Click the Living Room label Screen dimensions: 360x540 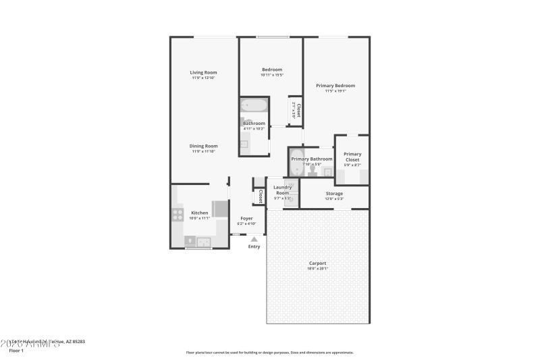point(203,72)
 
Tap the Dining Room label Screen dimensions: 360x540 point(203,146)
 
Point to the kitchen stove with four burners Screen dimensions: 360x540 point(178,215)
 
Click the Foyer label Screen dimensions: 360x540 point(246,218)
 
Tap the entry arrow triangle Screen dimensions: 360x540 point(254,238)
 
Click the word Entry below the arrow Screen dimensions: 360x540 point(254,247)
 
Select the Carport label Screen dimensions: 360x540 point(317,263)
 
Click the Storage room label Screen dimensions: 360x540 point(334,193)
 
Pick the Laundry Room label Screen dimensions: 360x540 point(282,190)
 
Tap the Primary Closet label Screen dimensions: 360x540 point(352,157)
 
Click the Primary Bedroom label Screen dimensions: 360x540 point(335,86)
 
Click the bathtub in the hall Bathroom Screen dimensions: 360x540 point(254,105)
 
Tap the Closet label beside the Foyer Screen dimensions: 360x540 point(260,197)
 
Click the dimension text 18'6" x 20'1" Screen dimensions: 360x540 point(317,269)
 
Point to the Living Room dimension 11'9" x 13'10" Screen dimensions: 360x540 point(203,78)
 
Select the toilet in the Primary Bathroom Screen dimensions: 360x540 point(313,170)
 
